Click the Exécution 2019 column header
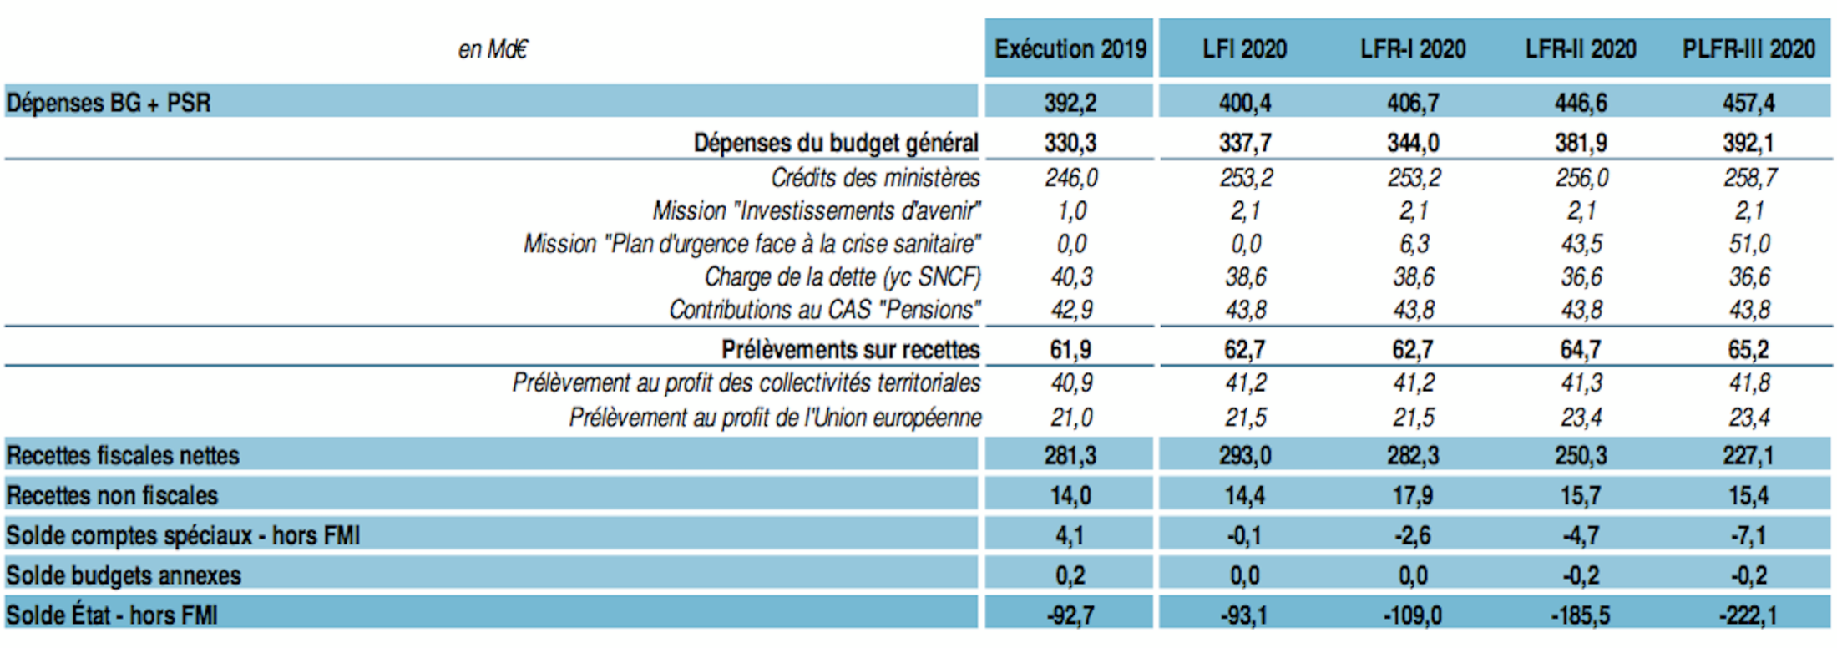(1070, 49)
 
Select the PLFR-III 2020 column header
(1748, 49)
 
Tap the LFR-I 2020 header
(1413, 49)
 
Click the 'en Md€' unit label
(493, 50)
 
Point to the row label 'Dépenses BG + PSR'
(109, 103)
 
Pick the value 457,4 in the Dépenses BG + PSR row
(1748, 103)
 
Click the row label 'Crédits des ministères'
(875, 178)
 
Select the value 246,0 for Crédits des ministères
(1071, 178)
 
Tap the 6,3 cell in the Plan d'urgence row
(1414, 244)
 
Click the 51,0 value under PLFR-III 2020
(1749, 244)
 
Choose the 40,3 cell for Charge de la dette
(1071, 276)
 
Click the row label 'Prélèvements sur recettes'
(850, 349)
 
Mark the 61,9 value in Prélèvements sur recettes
(1070, 349)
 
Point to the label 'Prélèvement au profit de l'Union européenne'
(775, 417)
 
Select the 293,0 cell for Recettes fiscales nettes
(1244, 455)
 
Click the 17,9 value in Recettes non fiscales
(1413, 495)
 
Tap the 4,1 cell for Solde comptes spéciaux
(1070, 535)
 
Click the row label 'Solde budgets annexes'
(124, 575)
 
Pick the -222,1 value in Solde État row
(1748, 615)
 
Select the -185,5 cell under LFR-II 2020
(1580, 615)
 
